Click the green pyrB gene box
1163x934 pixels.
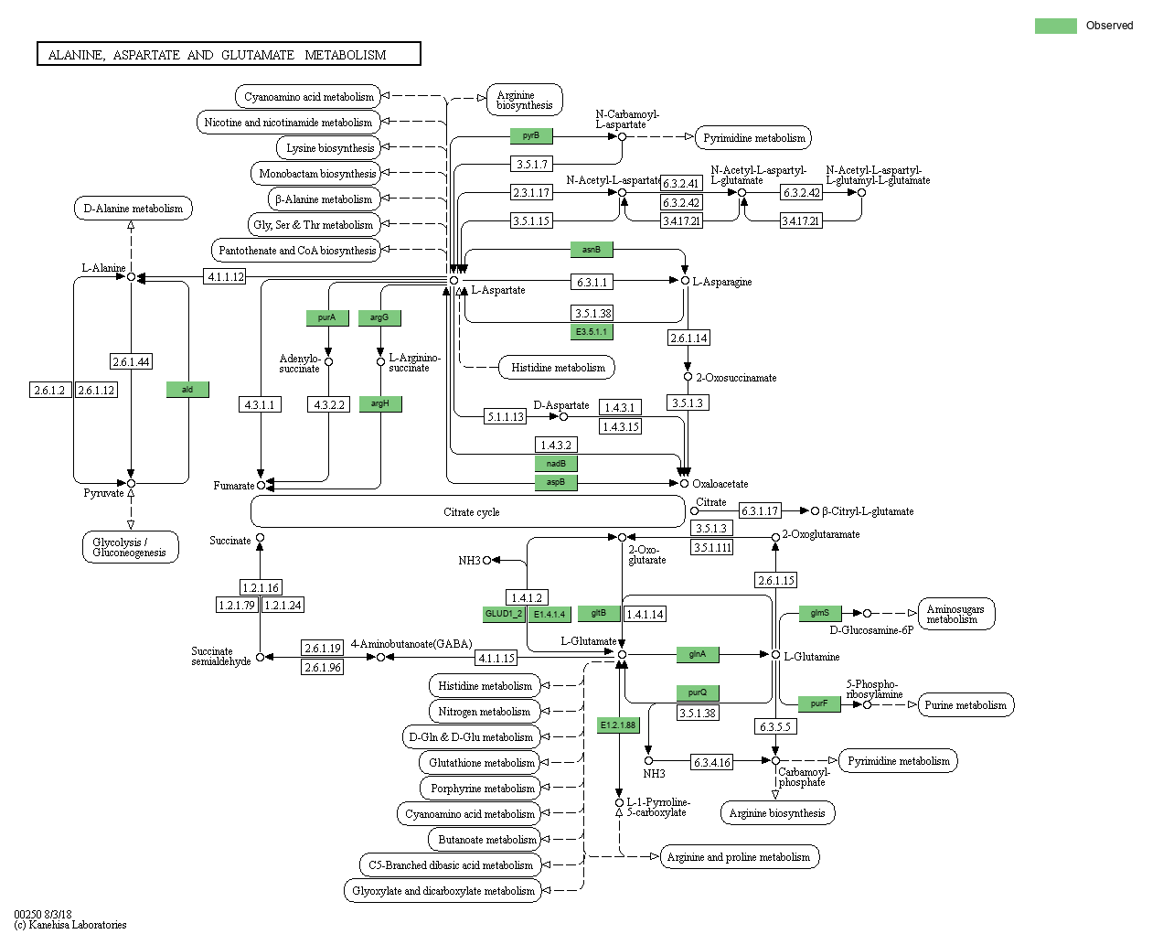[531, 135]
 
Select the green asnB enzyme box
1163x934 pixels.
[592, 250]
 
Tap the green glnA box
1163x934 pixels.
[698, 654]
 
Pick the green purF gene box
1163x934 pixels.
[819, 703]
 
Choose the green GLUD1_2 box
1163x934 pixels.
[504, 615]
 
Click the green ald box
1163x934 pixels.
[187, 390]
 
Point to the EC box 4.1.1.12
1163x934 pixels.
[225, 277]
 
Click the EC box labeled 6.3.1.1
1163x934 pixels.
[592, 282]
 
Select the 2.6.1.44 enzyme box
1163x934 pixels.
[131, 361]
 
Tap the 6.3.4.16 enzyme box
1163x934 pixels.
[711, 762]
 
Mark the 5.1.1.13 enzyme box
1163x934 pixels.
[506, 416]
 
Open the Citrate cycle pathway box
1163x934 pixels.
[468, 511]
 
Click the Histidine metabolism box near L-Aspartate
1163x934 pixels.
[557, 368]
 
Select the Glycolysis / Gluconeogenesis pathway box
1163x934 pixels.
[130, 547]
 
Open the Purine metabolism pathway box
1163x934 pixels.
[966, 704]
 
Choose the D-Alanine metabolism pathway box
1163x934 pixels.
[133, 209]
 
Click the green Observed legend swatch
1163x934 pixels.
[1055, 26]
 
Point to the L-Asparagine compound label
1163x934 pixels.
[722, 282]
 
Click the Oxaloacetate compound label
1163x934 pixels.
[720, 484]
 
